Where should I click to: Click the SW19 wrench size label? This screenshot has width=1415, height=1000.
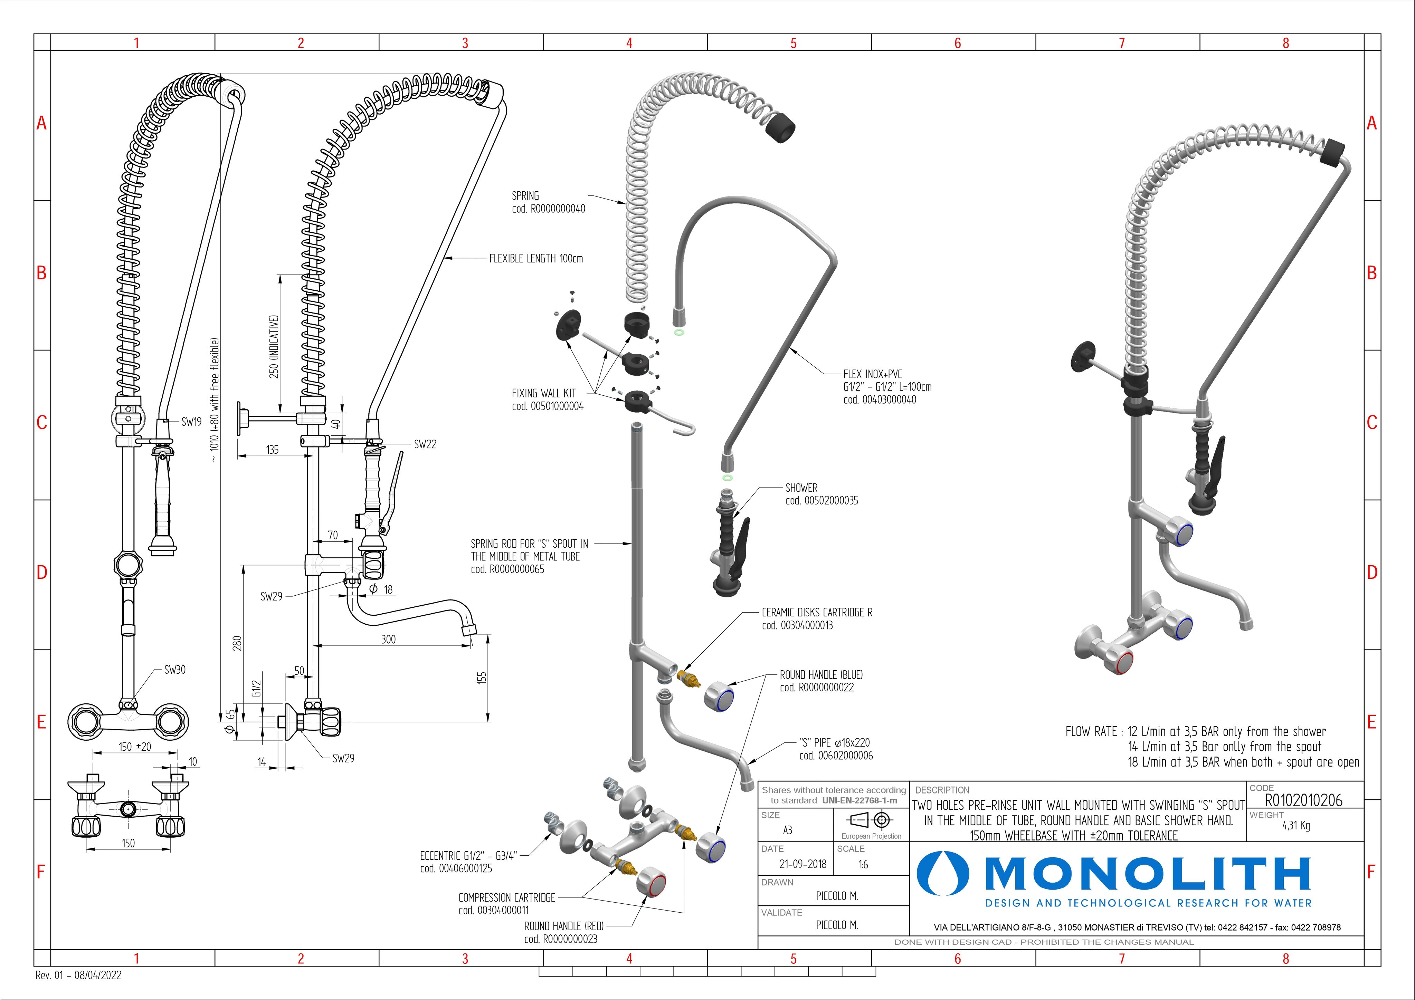pyautogui.click(x=191, y=422)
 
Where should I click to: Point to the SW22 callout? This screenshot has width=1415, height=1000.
pyautogui.click(x=425, y=444)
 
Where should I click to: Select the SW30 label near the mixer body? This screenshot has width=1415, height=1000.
pyautogui.click(x=174, y=670)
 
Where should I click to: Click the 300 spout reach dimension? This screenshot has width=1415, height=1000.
pyautogui.click(x=388, y=639)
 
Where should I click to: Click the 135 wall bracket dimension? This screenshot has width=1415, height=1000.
pyautogui.click(x=273, y=450)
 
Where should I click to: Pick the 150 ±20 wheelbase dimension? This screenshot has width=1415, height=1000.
pyautogui.click(x=134, y=747)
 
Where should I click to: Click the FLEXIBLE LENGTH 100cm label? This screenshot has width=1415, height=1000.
pyautogui.click(x=535, y=259)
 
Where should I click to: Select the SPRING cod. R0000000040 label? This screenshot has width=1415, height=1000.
pyautogui.click(x=548, y=202)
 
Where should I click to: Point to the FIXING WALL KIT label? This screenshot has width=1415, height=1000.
pyautogui.click(x=547, y=399)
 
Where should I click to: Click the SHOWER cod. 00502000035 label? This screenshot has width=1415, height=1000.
pyautogui.click(x=821, y=494)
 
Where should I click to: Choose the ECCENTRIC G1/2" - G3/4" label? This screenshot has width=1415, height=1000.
pyautogui.click(x=468, y=862)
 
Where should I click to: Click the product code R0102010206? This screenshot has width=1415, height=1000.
pyautogui.click(x=1303, y=800)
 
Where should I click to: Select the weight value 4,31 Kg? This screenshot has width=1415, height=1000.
pyautogui.click(x=1295, y=826)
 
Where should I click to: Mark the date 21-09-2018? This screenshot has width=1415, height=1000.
pyautogui.click(x=803, y=864)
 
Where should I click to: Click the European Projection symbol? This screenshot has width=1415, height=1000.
pyautogui.click(x=871, y=820)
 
